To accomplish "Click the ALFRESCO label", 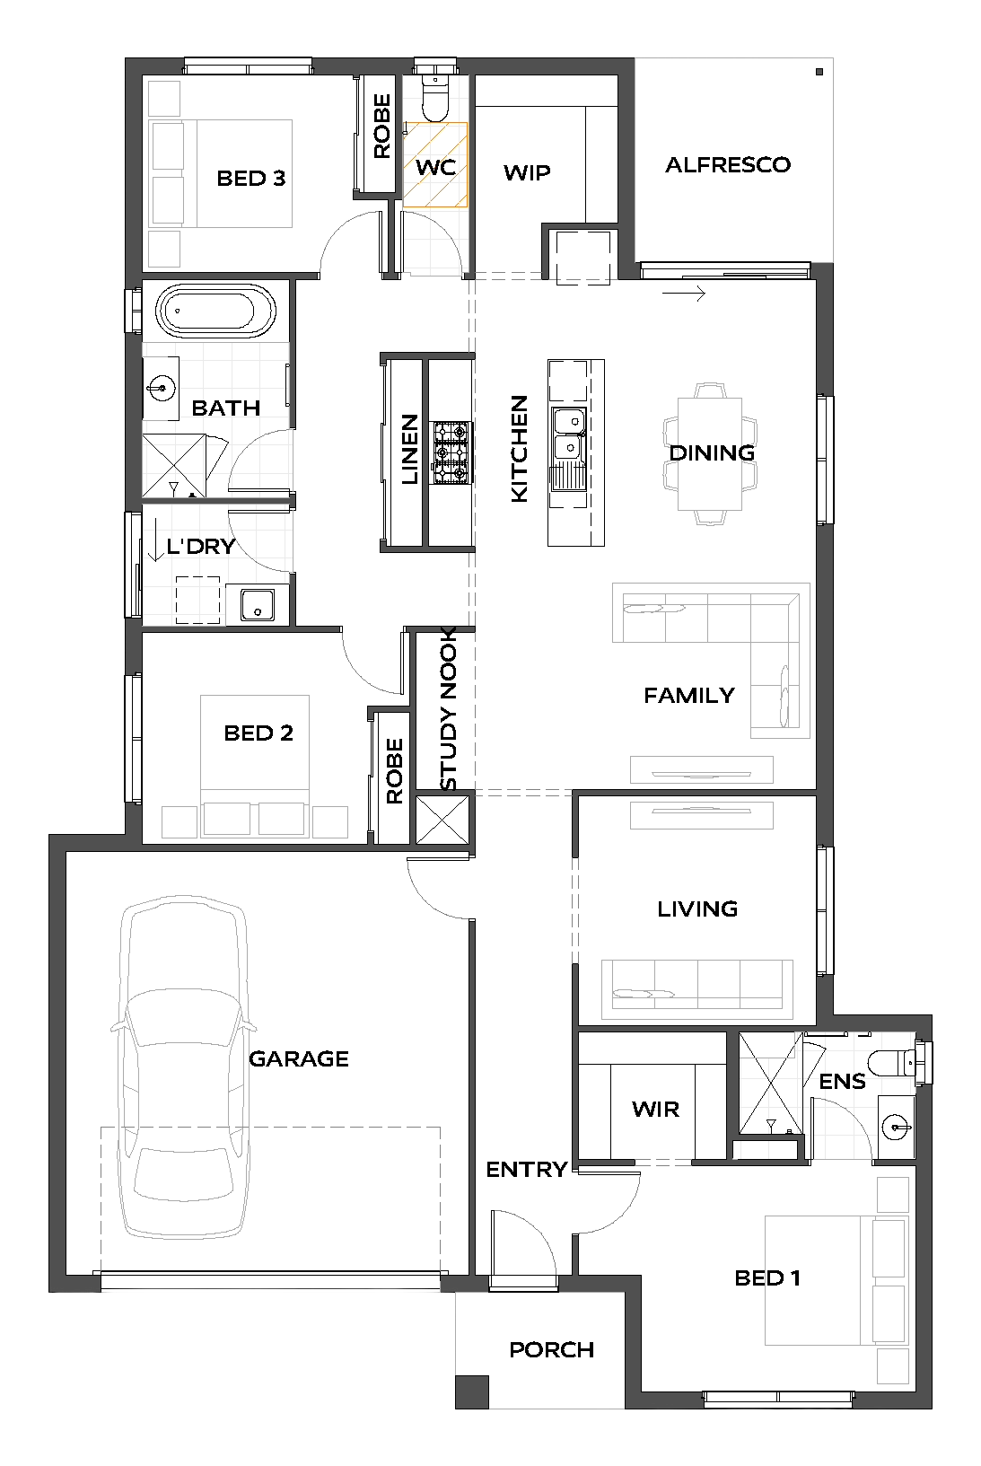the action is [x=728, y=165].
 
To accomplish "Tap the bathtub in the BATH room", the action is [x=215, y=311].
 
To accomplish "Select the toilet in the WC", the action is [x=435, y=98].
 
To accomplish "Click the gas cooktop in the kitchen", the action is [x=451, y=452].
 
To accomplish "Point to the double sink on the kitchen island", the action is [x=569, y=433].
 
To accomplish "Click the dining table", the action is [x=710, y=453].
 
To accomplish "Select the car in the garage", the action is [x=183, y=1067].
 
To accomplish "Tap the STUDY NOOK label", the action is [x=448, y=709].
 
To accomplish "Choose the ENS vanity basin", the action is [x=896, y=1127].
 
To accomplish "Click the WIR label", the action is [x=656, y=1109].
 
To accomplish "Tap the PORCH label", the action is [x=552, y=1349].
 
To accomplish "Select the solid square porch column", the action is [x=472, y=1391].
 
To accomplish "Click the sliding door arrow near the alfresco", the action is [x=684, y=294].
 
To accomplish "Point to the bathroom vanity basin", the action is [x=161, y=388].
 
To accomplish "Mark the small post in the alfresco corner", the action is [x=819, y=72].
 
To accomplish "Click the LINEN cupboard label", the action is [x=409, y=449].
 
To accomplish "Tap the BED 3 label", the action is [x=251, y=178].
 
